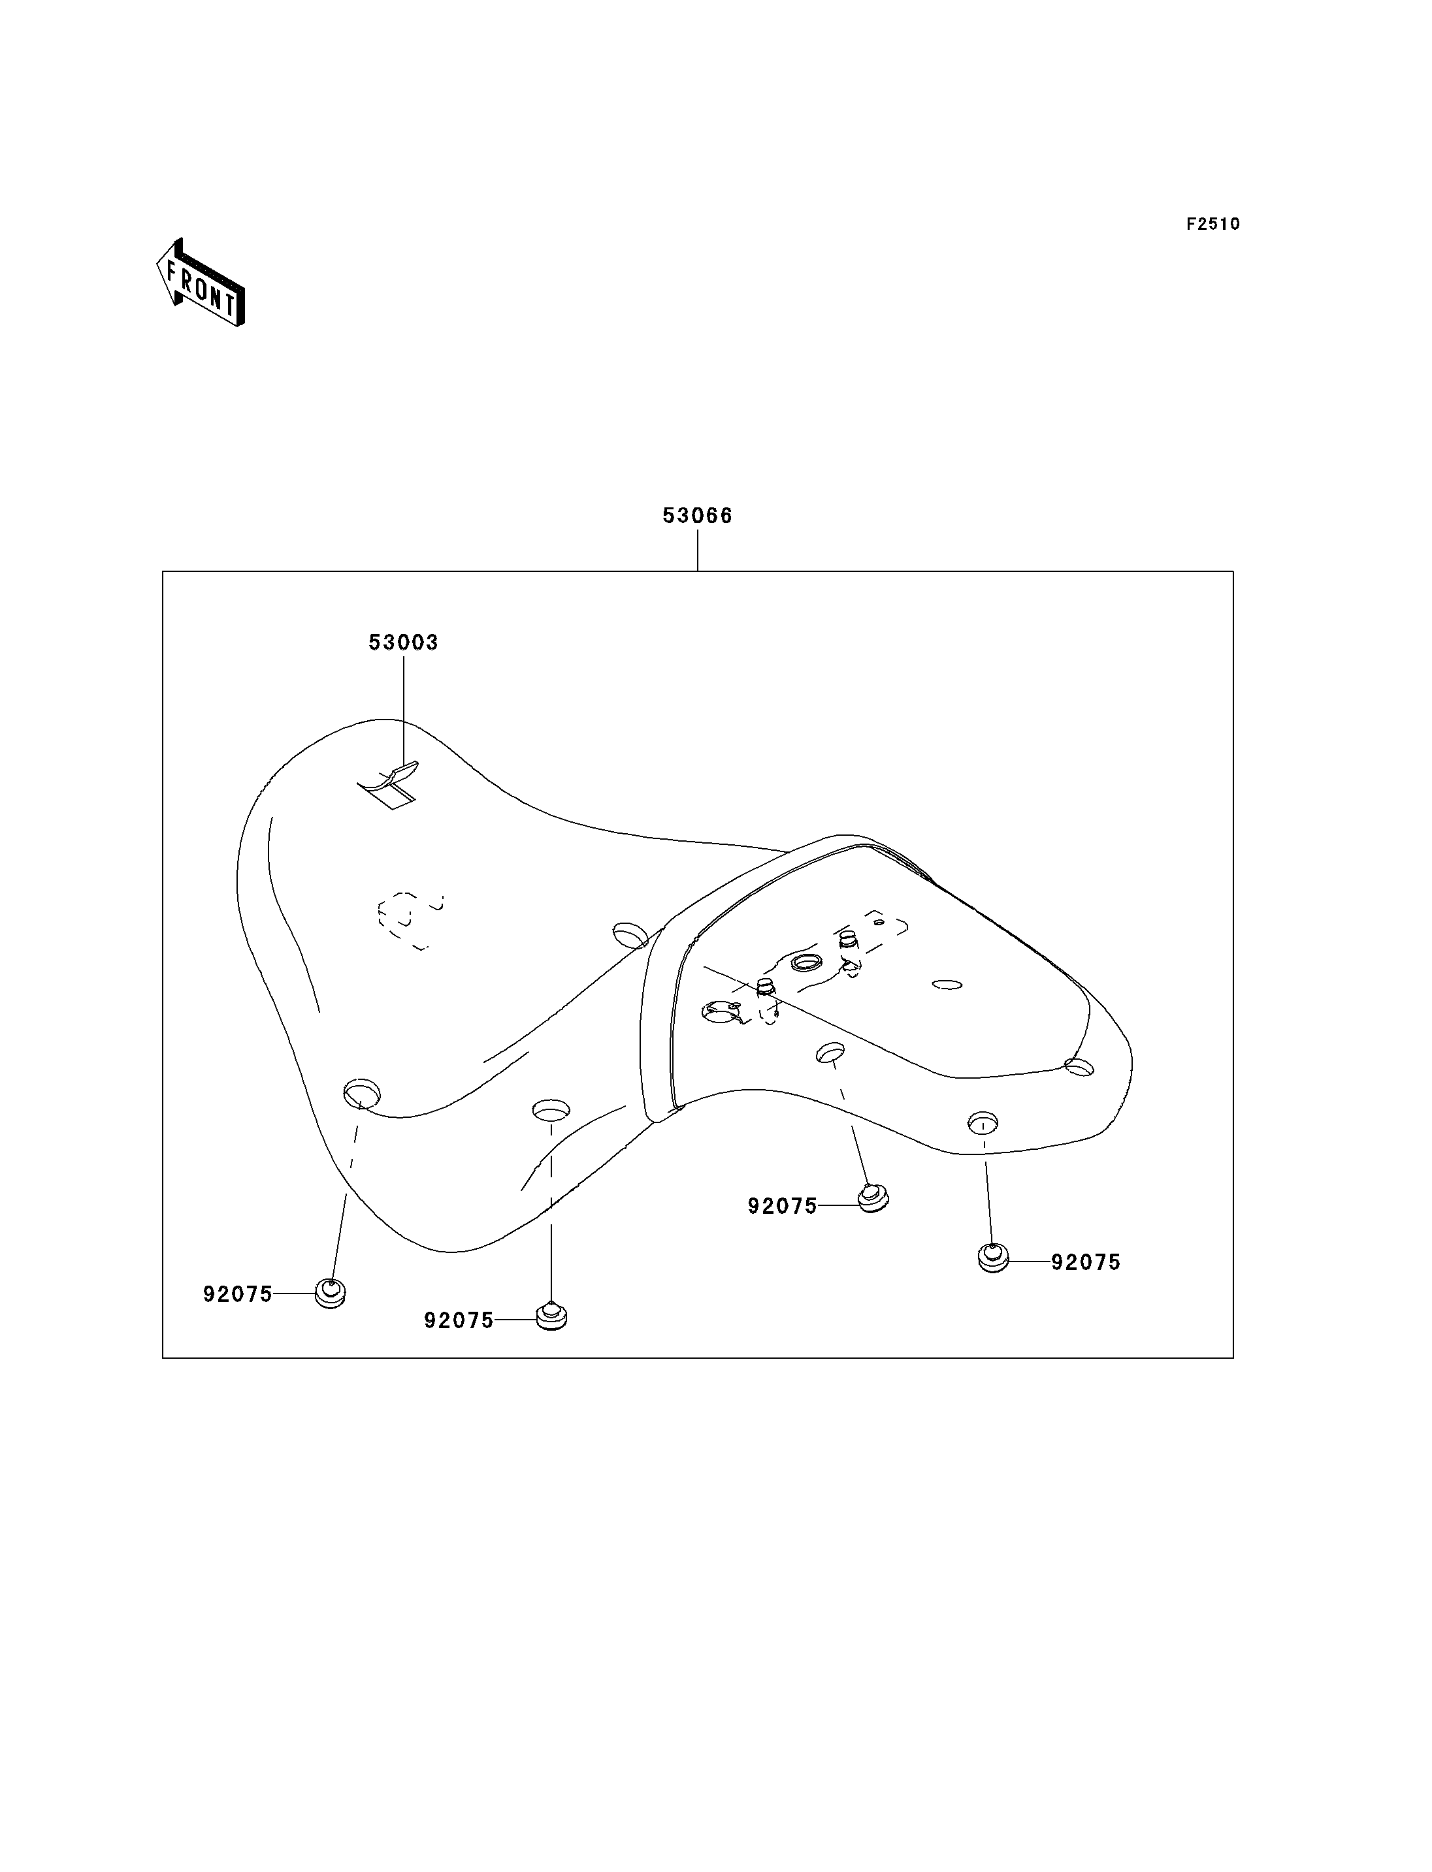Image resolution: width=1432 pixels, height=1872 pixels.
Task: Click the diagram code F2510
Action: tap(1213, 224)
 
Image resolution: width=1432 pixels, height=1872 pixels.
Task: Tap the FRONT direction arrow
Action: tap(201, 283)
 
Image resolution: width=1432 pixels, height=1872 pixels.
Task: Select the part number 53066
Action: tap(697, 516)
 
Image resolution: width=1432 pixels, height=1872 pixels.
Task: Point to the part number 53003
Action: tap(403, 643)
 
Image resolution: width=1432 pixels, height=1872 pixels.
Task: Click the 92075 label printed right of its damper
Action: tap(1085, 1263)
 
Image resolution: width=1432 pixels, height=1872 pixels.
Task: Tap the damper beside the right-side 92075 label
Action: tap(993, 1258)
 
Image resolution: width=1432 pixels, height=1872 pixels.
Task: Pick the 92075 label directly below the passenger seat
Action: tap(783, 1207)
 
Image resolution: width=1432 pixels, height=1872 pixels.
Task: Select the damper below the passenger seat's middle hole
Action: tap(872, 1199)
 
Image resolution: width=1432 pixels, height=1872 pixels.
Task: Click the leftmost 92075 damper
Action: tap(330, 1294)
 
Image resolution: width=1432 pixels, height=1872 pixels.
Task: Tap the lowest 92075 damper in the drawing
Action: tap(551, 1317)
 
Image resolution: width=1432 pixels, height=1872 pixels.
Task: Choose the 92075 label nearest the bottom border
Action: tap(459, 1321)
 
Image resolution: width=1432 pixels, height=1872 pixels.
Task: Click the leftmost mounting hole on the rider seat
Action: tap(361, 1093)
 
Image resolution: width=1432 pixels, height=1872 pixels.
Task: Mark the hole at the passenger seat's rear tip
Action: tap(1079, 1066)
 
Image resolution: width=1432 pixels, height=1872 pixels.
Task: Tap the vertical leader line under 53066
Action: tap(697, 550)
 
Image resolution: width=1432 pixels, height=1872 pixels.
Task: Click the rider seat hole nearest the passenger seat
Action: tap(631, 935)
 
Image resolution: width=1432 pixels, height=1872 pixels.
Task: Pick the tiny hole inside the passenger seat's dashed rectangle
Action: tap(879, 922)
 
